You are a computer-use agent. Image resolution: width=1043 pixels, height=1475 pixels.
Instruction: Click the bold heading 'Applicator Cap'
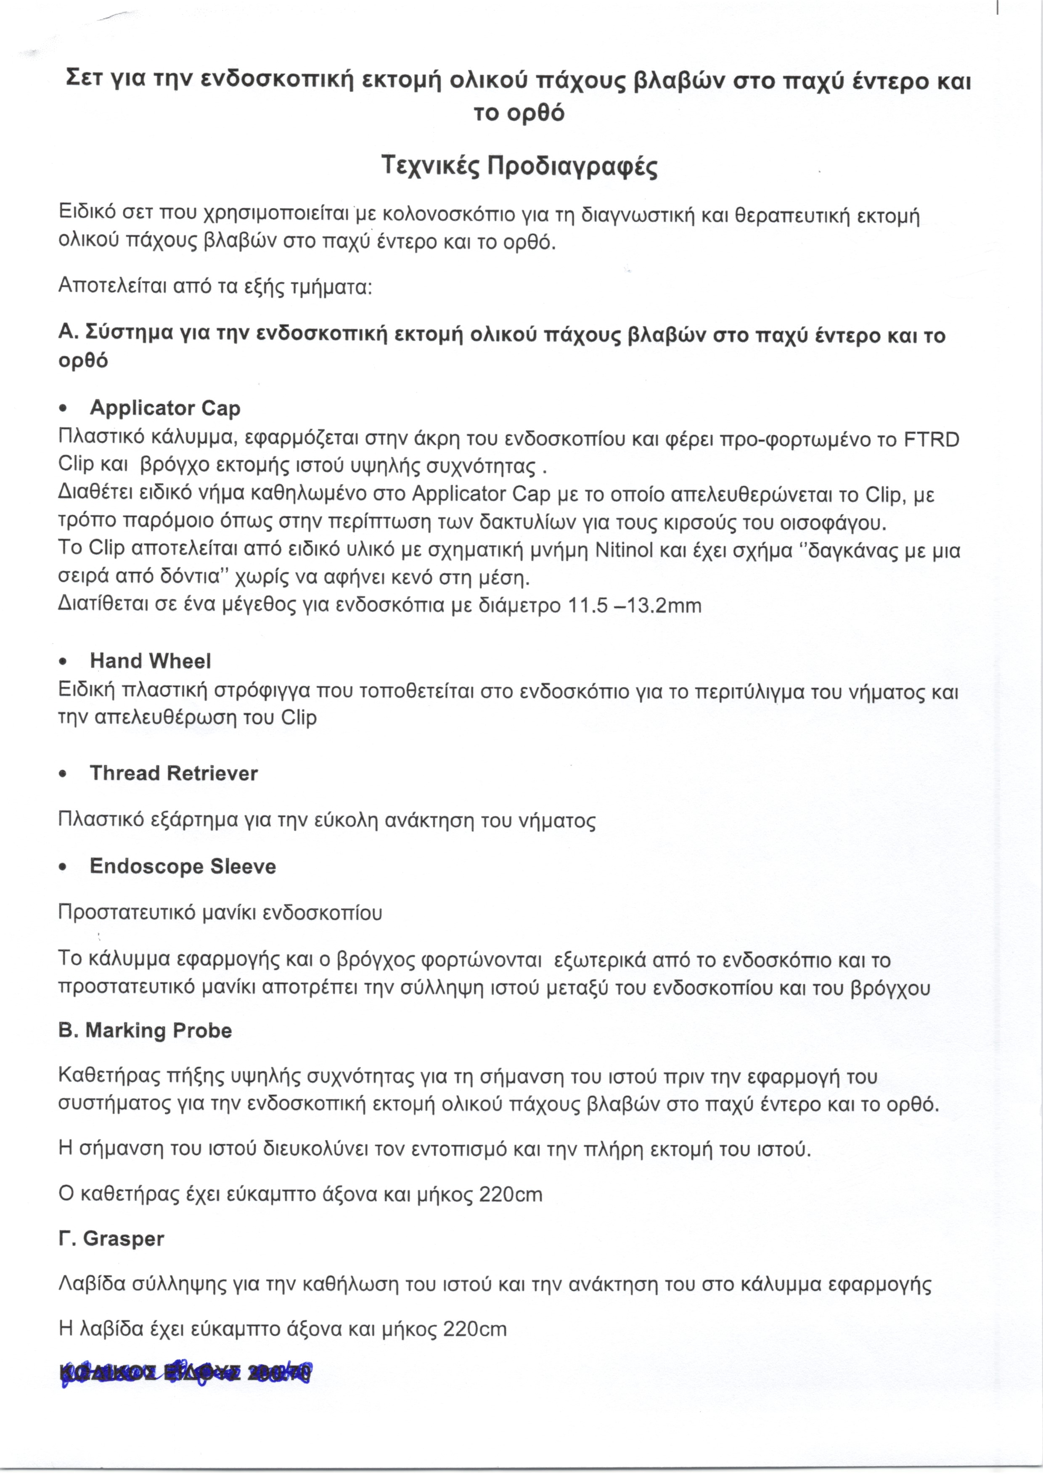(x=165, y=408)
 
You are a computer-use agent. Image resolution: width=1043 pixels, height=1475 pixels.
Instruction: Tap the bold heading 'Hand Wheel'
(x=150, y=661)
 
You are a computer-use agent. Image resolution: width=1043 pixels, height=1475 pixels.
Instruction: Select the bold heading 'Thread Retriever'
(x=173, y=773)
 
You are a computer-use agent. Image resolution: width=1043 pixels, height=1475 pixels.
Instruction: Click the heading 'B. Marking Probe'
(x=145, y=1030)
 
